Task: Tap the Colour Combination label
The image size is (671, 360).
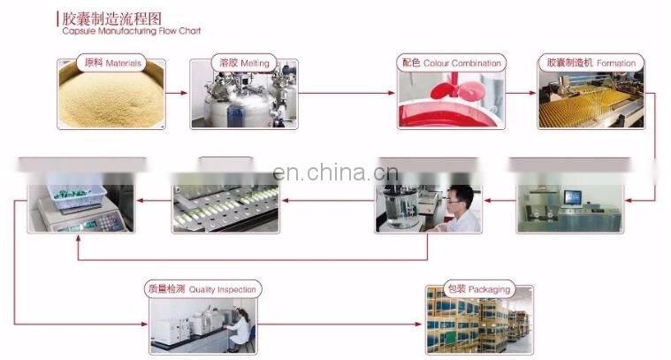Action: (451, 63)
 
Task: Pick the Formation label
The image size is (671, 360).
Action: (591, 63)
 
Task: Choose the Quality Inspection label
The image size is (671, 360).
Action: (202, 289)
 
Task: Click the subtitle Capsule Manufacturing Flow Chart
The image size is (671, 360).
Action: (132, 31)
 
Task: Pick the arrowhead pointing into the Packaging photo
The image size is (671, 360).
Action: (420, 324)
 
